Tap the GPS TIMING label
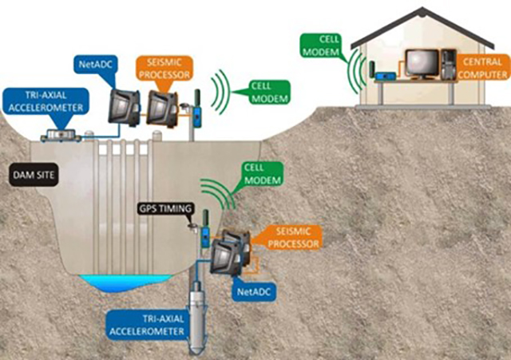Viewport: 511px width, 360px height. (166, 209)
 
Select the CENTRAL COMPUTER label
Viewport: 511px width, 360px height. (482, 67)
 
